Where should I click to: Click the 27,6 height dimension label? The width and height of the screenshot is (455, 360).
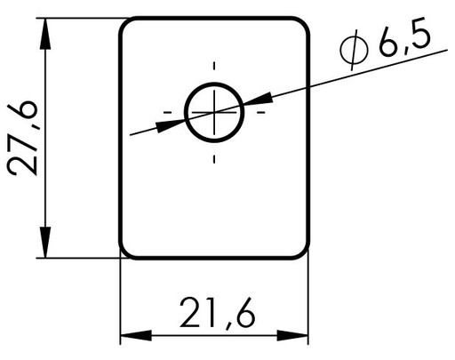(x=22, y=138)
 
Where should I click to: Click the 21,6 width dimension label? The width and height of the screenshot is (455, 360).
(x=217, y=313)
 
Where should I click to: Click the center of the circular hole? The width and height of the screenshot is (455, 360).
(x=214, y=112)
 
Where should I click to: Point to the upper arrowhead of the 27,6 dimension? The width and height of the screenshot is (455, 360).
(x=45, y=34)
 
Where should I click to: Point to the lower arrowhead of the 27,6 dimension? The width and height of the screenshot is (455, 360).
(x=45, y=243)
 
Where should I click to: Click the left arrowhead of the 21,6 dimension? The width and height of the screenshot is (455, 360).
(x=136, y=336)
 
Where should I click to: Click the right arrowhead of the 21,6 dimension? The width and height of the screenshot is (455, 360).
(x=292, y=336)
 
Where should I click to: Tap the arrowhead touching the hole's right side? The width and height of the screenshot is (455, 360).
(x=258, y=99)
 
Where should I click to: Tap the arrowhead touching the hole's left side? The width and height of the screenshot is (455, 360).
(x=171, y=125)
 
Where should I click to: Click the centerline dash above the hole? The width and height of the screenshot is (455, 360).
(x=214, y=66)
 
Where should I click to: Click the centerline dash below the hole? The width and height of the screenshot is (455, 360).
(x=214, y=159)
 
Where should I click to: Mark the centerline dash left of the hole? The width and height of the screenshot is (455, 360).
(x=168, y=112)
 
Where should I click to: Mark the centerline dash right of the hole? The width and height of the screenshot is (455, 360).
(x=260, y=112)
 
